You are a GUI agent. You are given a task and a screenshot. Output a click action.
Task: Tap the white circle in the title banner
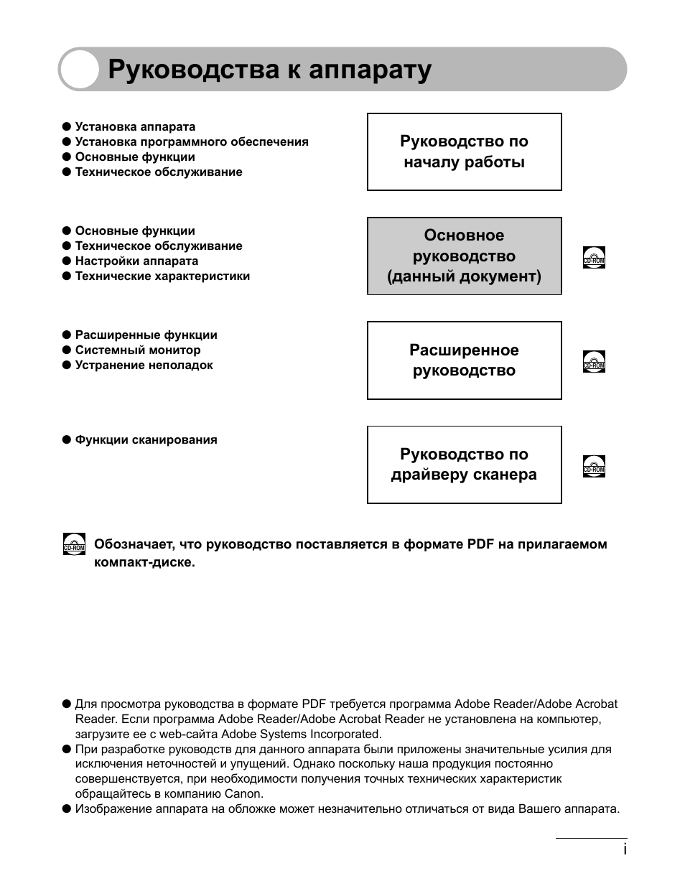79,70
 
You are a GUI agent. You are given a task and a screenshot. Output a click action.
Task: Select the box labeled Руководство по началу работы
464,152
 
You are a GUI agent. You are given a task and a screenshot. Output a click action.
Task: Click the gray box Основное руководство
464,256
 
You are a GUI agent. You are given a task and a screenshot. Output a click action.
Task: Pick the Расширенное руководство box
464,360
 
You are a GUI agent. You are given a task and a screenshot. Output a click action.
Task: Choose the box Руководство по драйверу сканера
464,465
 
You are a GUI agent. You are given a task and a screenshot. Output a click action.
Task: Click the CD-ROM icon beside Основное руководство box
594,257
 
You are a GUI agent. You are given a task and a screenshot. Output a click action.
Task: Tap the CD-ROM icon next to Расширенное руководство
594,361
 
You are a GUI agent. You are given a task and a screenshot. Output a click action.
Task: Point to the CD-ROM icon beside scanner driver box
594,466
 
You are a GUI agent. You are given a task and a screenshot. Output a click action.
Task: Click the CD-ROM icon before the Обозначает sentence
74,544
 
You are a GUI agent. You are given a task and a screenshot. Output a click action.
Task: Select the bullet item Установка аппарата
135,127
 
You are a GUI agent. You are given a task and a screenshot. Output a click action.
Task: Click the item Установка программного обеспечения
192,142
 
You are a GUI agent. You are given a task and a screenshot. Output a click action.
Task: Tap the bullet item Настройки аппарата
136,261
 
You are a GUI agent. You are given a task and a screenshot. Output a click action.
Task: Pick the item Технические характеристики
162,276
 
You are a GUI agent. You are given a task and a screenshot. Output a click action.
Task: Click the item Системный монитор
138,350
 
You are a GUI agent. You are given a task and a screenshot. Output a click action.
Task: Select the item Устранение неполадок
144,365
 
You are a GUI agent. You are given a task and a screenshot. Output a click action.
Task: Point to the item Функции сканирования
146,440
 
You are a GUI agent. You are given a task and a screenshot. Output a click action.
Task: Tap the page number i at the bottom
625,849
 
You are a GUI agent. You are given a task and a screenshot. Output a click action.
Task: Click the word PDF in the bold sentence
480,544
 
